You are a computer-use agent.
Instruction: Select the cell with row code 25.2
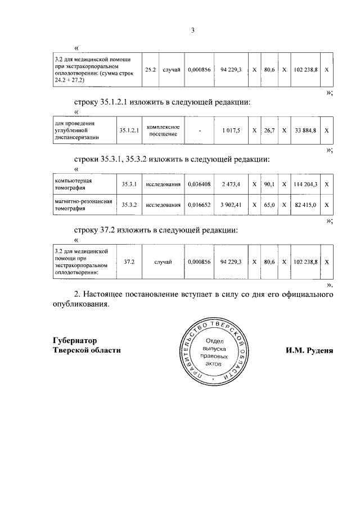pyautogui.click(x=151, y=70)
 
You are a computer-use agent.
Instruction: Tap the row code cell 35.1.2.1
pyautogui.click(x=129, y=130)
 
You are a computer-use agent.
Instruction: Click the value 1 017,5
pyautogui.click(x=231, y=130)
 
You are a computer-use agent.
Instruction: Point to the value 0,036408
pyautogui.click(x=199, y=184)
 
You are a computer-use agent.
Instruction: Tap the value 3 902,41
pyautogui.click(x=231, y=205)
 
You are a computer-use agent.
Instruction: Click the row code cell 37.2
pyautogui.click(x=129, y=262)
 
